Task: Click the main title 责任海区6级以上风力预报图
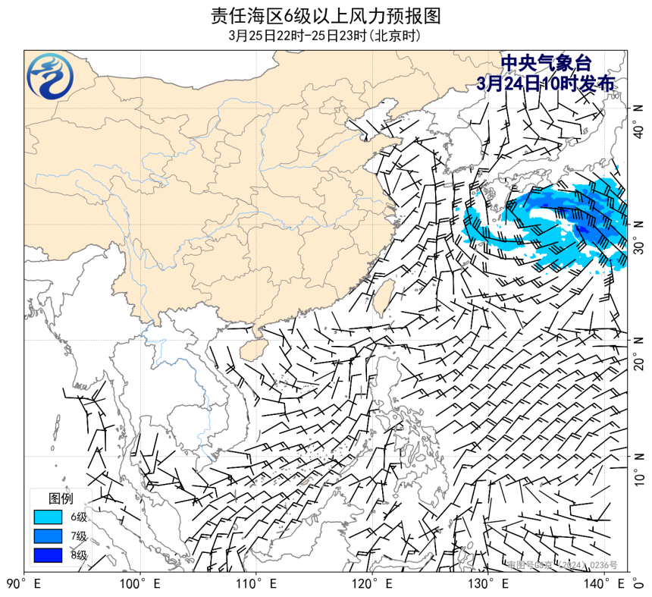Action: pos(325,15)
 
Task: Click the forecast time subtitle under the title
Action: pos(325,36)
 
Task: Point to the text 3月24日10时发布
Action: pos(546,83)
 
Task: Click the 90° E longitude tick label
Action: pos(23,584)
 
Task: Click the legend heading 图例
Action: pos(61,498)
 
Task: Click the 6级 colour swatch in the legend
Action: pos(47,517)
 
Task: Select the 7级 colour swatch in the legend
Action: pos(47,536)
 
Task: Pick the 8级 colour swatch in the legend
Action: pos(47,555)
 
